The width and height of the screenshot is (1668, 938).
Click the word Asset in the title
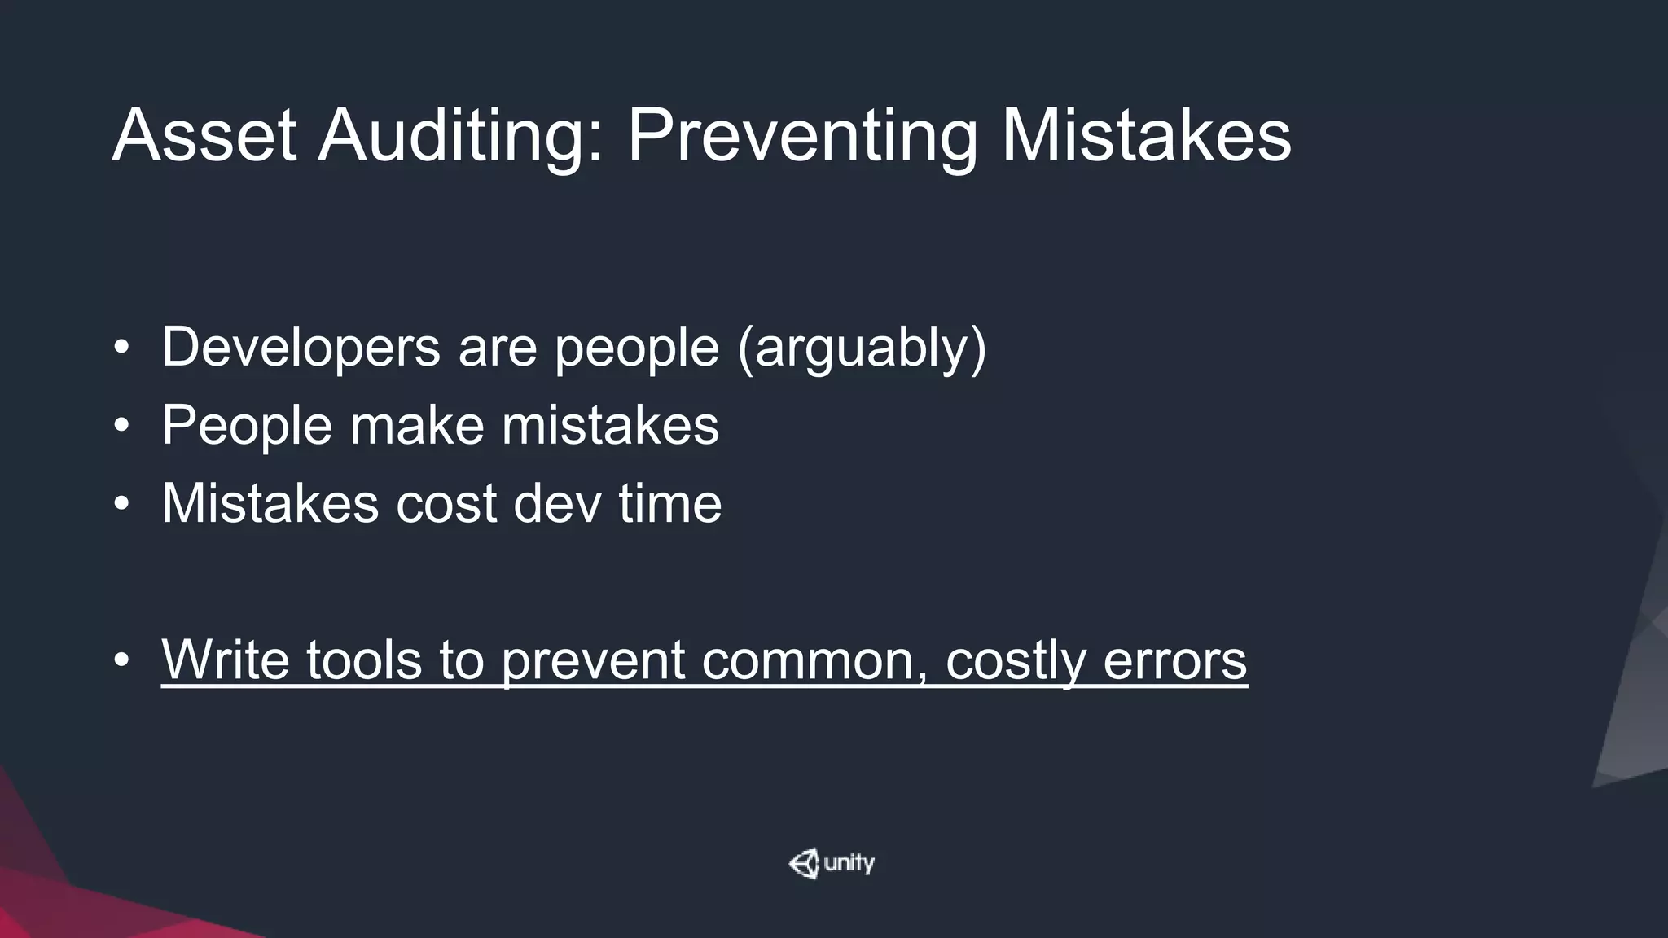coord(204,136)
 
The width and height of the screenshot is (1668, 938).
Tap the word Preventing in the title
coord(802,136)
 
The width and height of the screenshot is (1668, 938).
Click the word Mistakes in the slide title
coord(1146,136)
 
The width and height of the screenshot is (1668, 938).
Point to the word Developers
coord(301,348)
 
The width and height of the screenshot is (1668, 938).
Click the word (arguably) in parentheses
coord(862,348)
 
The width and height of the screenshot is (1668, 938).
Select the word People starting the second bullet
coord(247,426)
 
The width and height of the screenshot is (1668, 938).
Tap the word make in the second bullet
coord(416,426)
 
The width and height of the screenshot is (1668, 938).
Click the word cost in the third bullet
coord(446,503)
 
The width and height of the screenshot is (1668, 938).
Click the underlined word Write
coord(225,660)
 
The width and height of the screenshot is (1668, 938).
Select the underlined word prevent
coord(592,660)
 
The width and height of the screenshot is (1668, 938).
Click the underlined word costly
coord(1016,660)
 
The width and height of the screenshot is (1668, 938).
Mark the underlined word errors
coord(1174,660)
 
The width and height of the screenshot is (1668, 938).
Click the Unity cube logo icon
coord(804,863)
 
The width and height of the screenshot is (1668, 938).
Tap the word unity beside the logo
coord(849,863)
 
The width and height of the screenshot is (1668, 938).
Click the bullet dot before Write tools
coord(121,660)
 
